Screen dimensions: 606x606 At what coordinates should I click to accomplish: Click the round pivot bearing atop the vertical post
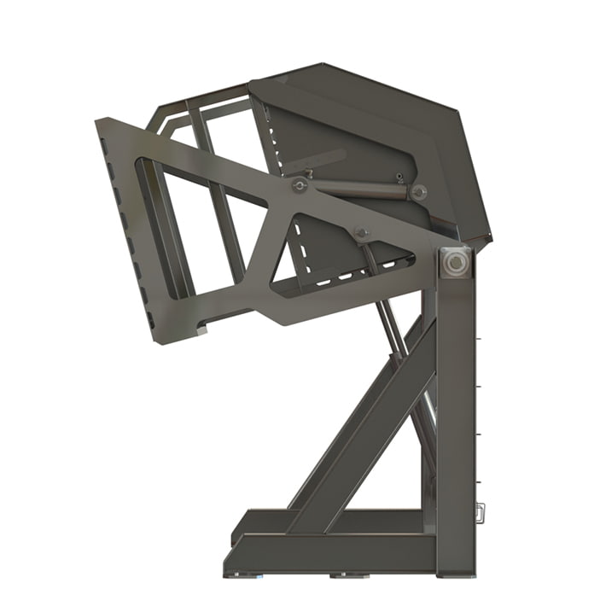pos(456,262)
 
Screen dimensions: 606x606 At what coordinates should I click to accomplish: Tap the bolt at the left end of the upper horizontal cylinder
pos(300,185)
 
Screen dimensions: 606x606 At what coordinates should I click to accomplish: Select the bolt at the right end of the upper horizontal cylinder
pos(418,192)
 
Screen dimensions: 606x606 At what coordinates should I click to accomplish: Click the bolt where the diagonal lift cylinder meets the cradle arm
pos(361,232)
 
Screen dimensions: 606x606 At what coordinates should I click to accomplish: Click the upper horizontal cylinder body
pos(358,188)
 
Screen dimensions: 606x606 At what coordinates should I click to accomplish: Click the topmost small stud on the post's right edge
pos(481,339)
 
